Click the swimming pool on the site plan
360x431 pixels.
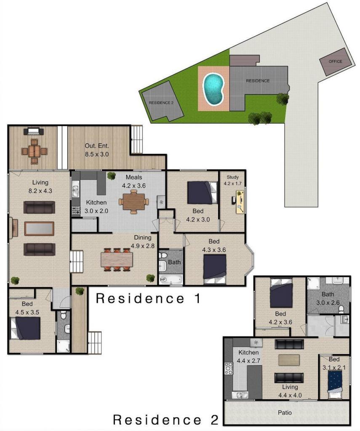point(213,89)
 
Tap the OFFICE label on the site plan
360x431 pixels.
point(335,61)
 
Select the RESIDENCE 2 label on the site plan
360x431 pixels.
point(161,103)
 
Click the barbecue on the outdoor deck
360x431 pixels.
point(34,131)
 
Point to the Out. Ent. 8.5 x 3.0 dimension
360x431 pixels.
point(96,154)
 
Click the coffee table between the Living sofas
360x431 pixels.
point(39,229)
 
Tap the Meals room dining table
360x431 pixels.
point(133,202)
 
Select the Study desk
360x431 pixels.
point(240,202)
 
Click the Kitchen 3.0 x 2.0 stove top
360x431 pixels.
point(76,210)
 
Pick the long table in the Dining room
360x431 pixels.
point(117,259)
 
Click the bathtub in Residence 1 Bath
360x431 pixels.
point(171,279)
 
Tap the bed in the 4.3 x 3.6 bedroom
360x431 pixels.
point(215,269)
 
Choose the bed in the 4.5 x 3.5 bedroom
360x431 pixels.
point(25,328)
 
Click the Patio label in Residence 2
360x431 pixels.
point(285,412)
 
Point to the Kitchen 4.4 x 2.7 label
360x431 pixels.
point(248,357)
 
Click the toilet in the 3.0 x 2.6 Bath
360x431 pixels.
point(341,310)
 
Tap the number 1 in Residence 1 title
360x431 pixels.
point(197,298)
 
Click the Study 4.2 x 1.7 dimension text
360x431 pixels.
point(232,184)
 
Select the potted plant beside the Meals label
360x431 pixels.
point(112,176)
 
